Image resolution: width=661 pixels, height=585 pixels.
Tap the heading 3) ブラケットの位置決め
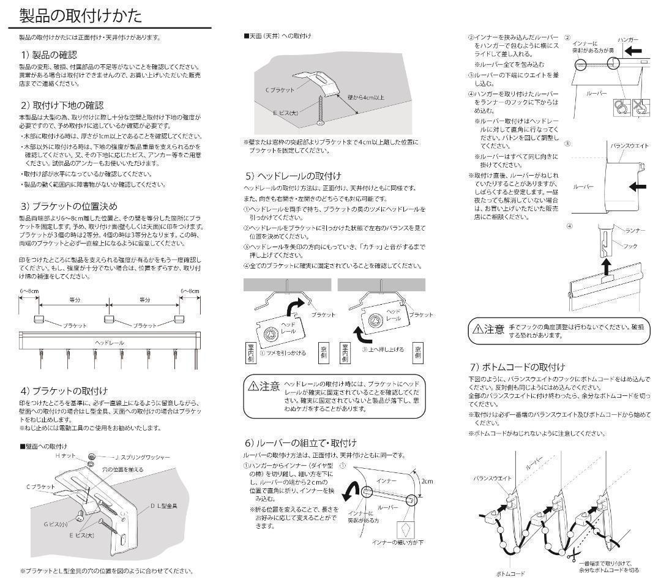pyautogui.click(x=69, y=206)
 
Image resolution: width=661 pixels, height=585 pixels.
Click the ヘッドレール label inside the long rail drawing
pyautogui.click(x=110, y=342)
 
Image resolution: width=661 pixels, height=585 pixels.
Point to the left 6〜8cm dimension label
pyautogui.click(x=29, y=291)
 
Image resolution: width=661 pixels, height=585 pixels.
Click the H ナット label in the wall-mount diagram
pyautogui.click(x=65, y=456)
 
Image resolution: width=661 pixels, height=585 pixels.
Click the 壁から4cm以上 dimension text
pyautogui.click(x=366, y=97)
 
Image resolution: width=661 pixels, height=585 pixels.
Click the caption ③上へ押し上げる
pyautogui.click(x=383, y=349)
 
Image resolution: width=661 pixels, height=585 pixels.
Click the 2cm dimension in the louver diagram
pyautogui.click(x=426, y=481)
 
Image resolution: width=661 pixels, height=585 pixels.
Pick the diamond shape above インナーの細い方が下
pyautogui.click(x=406, y=529)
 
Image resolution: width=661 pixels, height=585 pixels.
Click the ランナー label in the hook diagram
pyautogui.click(x=637, y=230)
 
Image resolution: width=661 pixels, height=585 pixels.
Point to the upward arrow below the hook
pyautogui.click(x=607, y=267)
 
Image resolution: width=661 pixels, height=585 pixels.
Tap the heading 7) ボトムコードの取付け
pyautogui.click(x=517, y=367)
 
